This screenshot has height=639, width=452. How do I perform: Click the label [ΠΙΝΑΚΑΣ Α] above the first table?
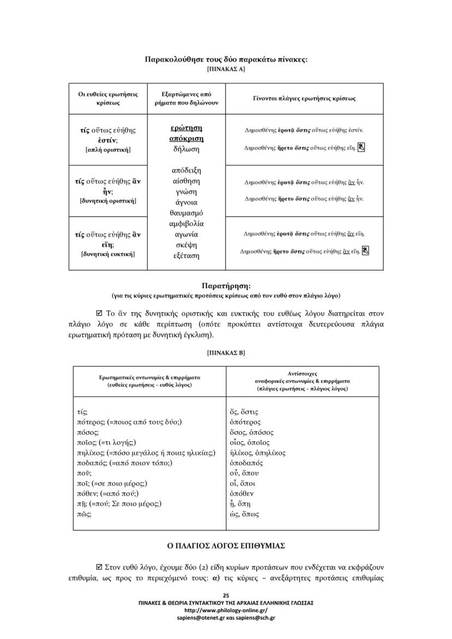pyautogui.click(x=226, y=69)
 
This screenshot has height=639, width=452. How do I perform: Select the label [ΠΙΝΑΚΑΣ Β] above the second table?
pyautogui.click(x=226, y=353)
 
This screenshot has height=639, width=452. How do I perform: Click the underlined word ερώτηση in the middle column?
pyautogui.click(x=186, y=128)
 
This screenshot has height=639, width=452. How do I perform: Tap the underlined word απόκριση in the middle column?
pyautogui.click(x=186, y=138)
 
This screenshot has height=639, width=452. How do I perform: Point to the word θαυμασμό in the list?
pyautogui.click(x=186, y=213)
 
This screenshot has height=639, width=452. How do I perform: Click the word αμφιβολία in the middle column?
pyautogui.click(x=186, y=224)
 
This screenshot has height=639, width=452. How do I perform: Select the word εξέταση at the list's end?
pyautogui.click(x=186, y=255)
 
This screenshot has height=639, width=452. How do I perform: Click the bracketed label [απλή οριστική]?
pyautogui.click(x=108, y=150)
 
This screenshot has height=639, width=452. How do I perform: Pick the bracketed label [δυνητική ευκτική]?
pyautogui.click(x=108, y=254)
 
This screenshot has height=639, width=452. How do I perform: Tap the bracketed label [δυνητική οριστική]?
pyautogui.click(x=108, y=201)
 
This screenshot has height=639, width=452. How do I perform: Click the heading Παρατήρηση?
pyautogui.click(x=226, y=285)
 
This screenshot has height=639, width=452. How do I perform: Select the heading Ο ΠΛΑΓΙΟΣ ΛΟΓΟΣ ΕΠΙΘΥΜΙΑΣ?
pyautogui.click(x=226, y=546)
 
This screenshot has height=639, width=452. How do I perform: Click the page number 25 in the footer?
pyautogui.click(x=226, y=595)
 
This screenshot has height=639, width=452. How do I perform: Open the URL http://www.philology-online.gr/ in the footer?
pyautogui.click(x=226, y=610)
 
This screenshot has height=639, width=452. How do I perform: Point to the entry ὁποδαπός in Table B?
pyautogui.click(x=247, y=463)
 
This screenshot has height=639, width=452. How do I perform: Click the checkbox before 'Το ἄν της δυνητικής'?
pyautogui.click(x=99, y=314)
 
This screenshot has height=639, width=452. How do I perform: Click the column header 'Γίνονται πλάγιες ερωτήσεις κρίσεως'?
pyautogui.click(x=304, y=99)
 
